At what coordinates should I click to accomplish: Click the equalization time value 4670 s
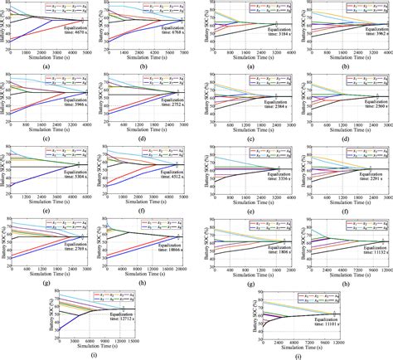point(75,44)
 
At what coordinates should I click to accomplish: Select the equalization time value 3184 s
point(274,36)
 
